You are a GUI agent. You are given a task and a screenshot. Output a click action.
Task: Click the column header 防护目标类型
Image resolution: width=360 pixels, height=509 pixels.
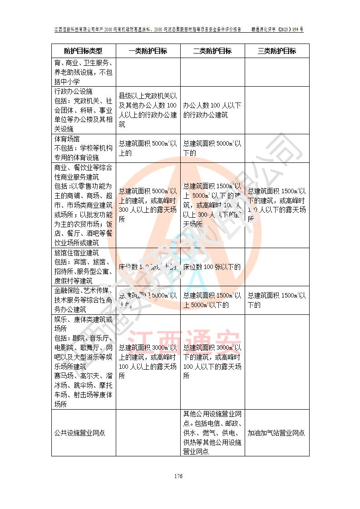[x=83, y=51]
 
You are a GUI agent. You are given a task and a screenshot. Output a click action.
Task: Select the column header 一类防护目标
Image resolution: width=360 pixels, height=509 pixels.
[x=148, y=51]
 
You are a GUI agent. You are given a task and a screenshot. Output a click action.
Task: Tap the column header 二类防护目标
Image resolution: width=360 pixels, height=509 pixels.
[x=212, y=51]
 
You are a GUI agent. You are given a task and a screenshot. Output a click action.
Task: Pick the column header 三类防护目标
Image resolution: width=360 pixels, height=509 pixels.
[x=277, y=51]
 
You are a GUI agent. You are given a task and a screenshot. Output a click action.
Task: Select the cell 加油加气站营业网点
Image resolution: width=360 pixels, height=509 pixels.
[x=276, y=433]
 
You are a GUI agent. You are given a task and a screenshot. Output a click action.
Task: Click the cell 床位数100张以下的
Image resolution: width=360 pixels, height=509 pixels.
[x=212, y=267]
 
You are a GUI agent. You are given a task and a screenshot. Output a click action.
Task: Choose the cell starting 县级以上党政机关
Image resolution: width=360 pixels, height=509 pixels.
[x=148, y=110]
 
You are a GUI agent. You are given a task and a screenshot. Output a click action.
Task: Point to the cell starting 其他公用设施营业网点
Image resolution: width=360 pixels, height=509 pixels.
[x=212, y=433]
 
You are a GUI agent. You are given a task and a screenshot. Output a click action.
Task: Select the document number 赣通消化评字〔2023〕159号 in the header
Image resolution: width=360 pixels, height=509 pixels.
[x=278, y=29]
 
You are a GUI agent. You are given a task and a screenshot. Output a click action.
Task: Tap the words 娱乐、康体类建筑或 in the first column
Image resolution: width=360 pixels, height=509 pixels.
[x=83, y=319]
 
